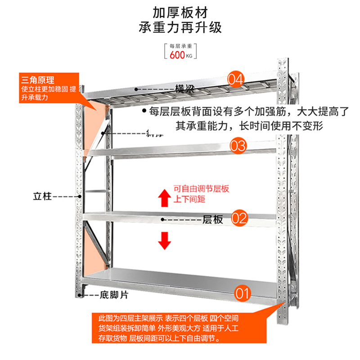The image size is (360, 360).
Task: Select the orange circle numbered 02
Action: [x=239, y=219]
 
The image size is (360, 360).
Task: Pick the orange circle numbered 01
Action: [x=242, y=294]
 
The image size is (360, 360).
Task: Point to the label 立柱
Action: [x=43, y=197]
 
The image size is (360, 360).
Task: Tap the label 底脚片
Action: [x=115, y=295]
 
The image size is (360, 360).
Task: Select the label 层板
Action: [x=213, y=220]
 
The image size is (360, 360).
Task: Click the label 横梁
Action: [x=184, y=89]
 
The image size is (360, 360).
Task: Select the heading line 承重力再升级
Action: [x=180, y=28]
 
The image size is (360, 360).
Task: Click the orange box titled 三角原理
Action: [x=47, y=89]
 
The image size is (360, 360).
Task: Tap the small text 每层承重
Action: [x=180, y=46]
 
